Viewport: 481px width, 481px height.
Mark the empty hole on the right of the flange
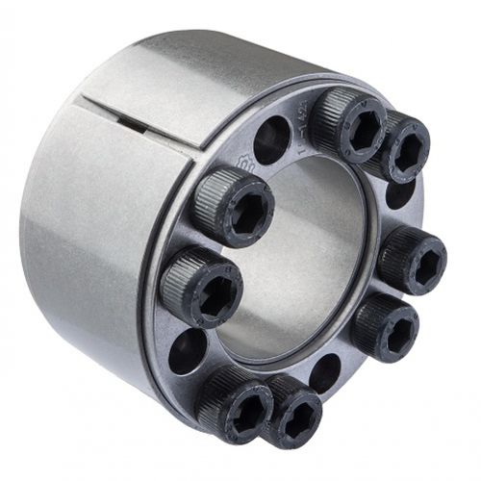tap(399, 194)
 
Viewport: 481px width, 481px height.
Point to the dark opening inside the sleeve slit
tap(135, 123)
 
